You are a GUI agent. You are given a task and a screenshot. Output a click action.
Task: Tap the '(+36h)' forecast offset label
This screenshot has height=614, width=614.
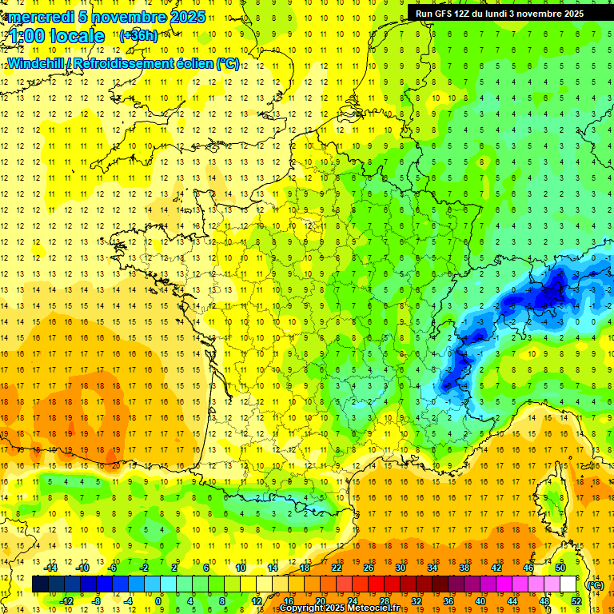(x=138, y=36)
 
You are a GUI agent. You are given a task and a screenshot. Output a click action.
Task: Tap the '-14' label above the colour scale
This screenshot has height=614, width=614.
(x=52, y=568)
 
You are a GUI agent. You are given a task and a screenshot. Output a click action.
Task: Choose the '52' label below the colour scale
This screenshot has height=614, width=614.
(x=576, y=601)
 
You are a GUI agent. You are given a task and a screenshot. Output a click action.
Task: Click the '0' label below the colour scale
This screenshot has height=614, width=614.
(x=158, y=601)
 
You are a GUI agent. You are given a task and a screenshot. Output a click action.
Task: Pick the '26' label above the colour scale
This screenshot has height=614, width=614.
(x=369, y=568)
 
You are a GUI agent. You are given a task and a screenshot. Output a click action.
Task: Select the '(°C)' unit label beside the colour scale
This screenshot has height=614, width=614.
(x=595, y=584)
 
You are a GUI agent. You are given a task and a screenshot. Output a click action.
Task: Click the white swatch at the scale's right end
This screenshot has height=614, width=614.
(x=568, y=584)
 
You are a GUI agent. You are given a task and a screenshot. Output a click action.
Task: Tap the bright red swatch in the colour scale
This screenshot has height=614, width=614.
(x=376, y=584)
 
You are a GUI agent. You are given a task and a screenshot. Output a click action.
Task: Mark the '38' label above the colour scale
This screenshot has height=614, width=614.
(x=464, y=568)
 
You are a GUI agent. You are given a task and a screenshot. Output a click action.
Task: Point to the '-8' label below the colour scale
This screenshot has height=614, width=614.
(x=98, y=601)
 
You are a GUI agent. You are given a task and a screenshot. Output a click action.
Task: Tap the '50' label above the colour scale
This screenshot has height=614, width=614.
(x=560, y=568)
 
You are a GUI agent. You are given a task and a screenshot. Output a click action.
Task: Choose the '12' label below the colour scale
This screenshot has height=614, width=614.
(x=257, y=601)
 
